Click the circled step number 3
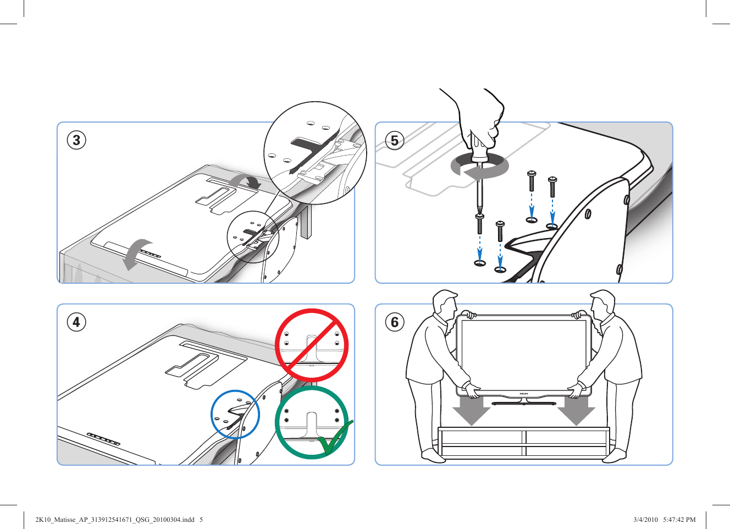point(76,140)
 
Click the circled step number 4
point(76,322)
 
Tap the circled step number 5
point(395,141)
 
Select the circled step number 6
point(395,322)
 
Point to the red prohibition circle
point(311,345)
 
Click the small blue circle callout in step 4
point(235,415)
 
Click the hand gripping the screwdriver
point(481,118)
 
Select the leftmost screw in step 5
point(480,224)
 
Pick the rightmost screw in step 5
point(552,187)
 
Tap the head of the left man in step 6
point(445,302)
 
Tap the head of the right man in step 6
point(603,302)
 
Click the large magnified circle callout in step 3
point(315,153)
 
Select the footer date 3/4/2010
point(645,519)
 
